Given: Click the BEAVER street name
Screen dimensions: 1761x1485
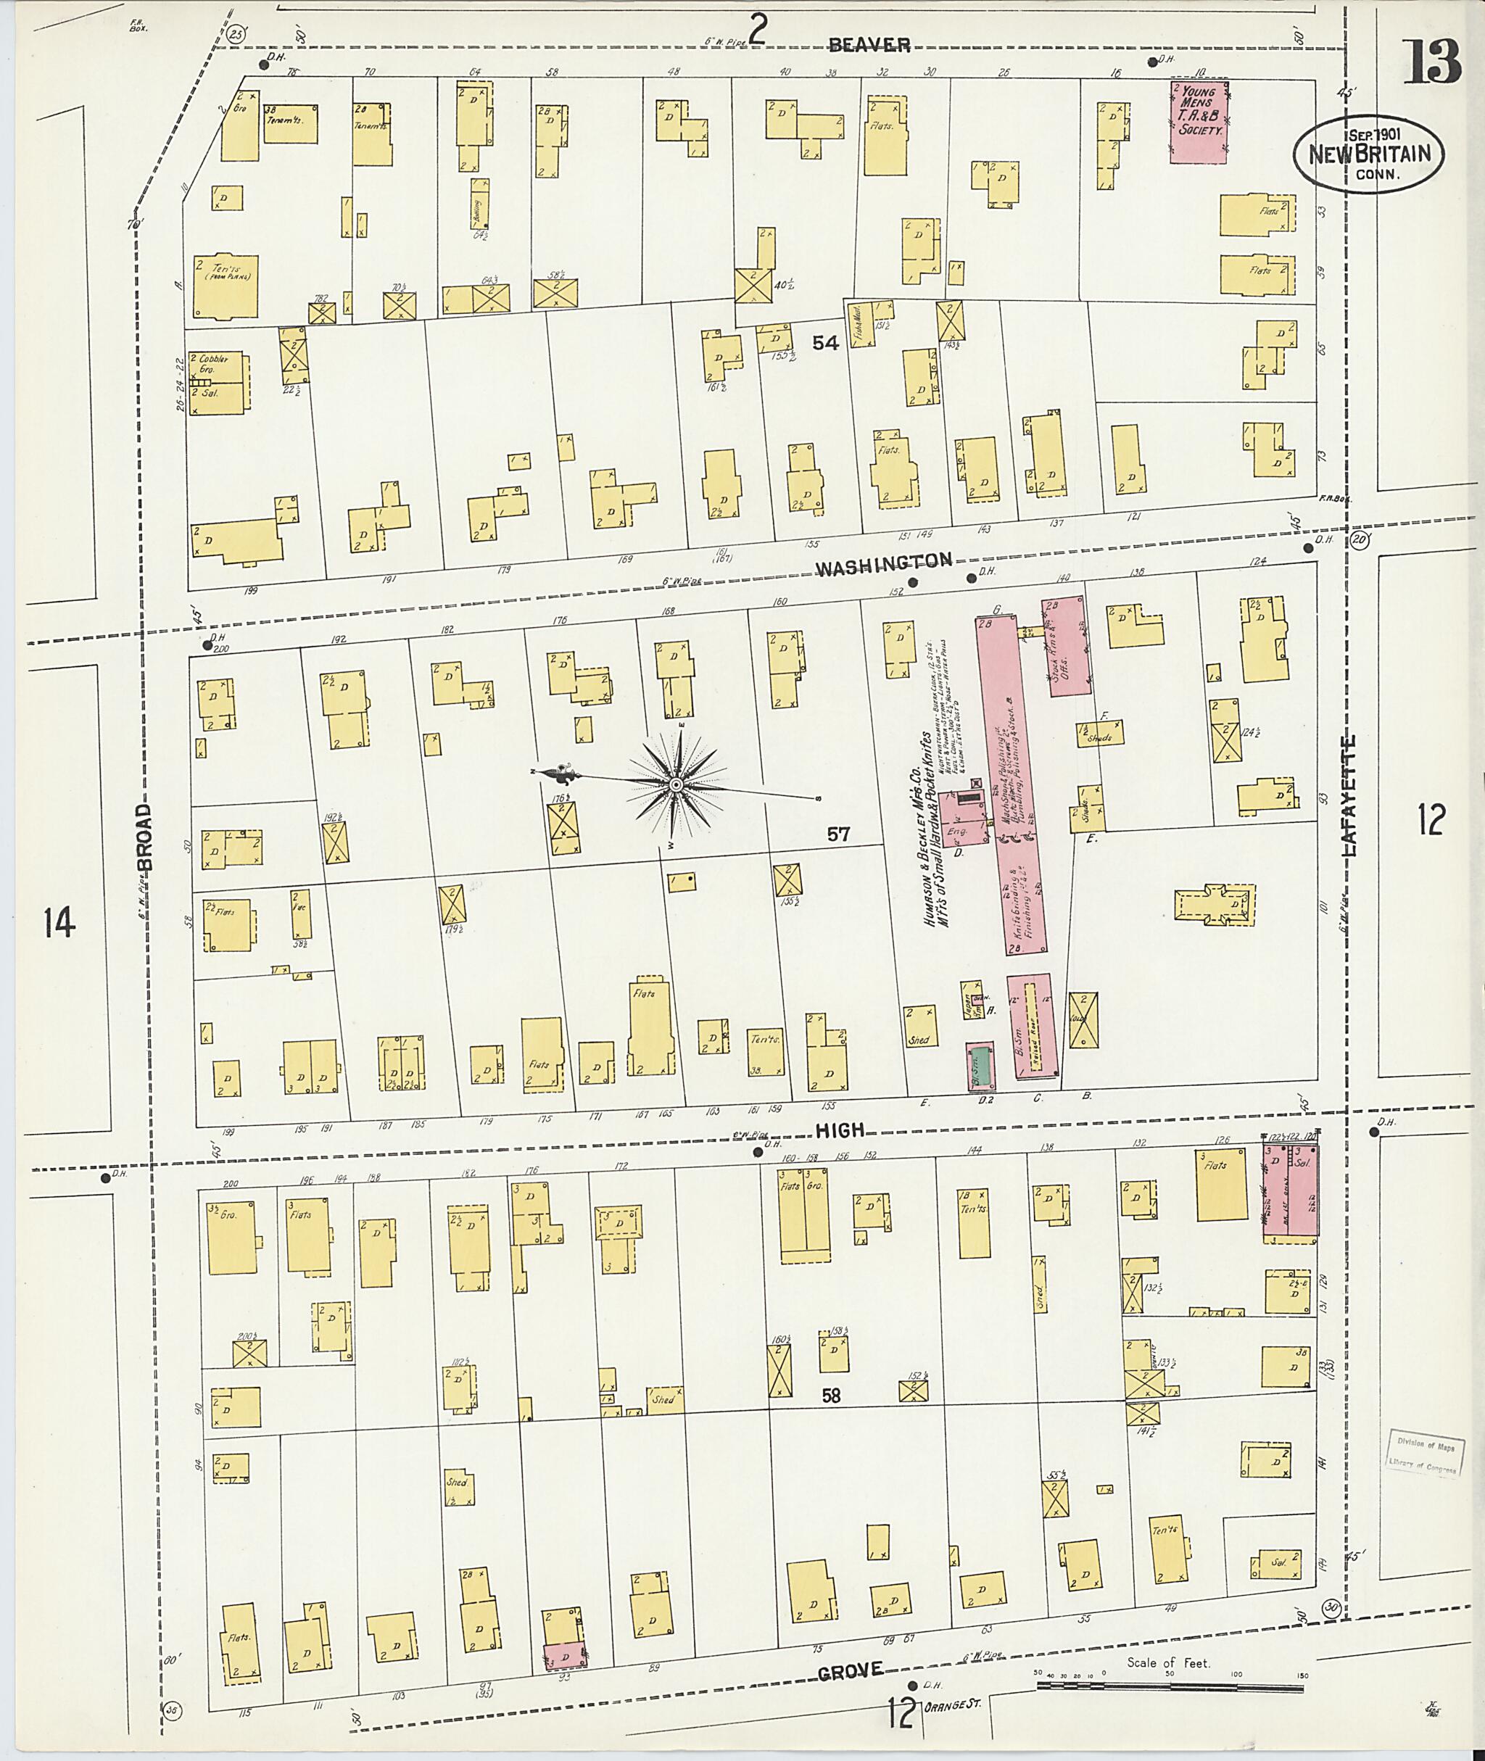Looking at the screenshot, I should coord(869,46).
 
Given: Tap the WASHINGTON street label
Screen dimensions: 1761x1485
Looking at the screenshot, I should coord(883,563).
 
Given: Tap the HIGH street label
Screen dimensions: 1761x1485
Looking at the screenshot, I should coord(840,1130).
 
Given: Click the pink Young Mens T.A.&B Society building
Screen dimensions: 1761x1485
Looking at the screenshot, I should coord(1199,120).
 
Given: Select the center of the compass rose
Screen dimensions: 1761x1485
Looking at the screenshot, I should coord(675,784).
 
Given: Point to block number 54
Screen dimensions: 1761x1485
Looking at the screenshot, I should coord(824,343).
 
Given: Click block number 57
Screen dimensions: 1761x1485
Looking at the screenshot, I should coord(837,834).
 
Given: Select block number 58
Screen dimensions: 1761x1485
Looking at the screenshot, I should coord(831,1395).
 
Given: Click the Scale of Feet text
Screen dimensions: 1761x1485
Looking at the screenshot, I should coord(1167,1662).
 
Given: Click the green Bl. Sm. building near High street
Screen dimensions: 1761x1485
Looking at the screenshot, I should coord(979,1066).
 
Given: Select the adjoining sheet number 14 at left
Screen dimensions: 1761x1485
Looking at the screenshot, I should coord(59,924).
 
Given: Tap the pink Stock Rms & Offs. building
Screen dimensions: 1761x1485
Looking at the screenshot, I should coord(1066,646).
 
